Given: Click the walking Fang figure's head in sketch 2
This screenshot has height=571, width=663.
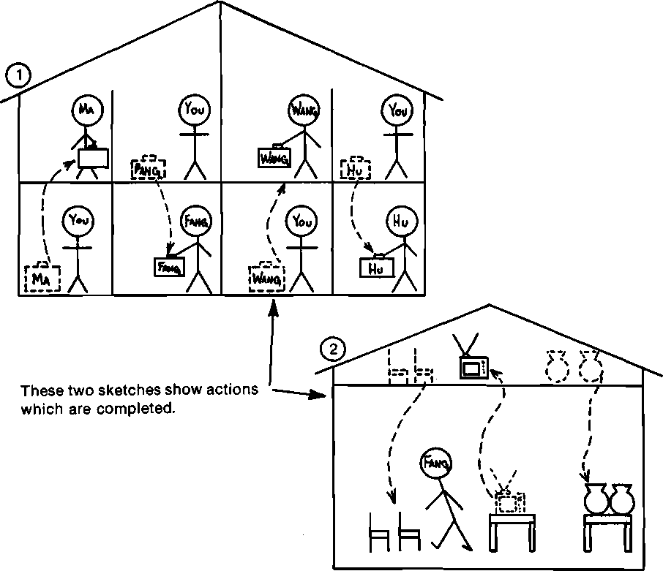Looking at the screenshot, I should click(435, 463).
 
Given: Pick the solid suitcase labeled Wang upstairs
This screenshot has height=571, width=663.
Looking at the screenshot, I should click(274, 156).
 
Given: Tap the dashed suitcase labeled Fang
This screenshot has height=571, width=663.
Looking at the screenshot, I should click(149, 169).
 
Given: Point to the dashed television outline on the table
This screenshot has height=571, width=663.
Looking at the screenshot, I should click(510, 502).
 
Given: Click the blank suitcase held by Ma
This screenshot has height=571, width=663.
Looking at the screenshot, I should click(93, 159).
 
